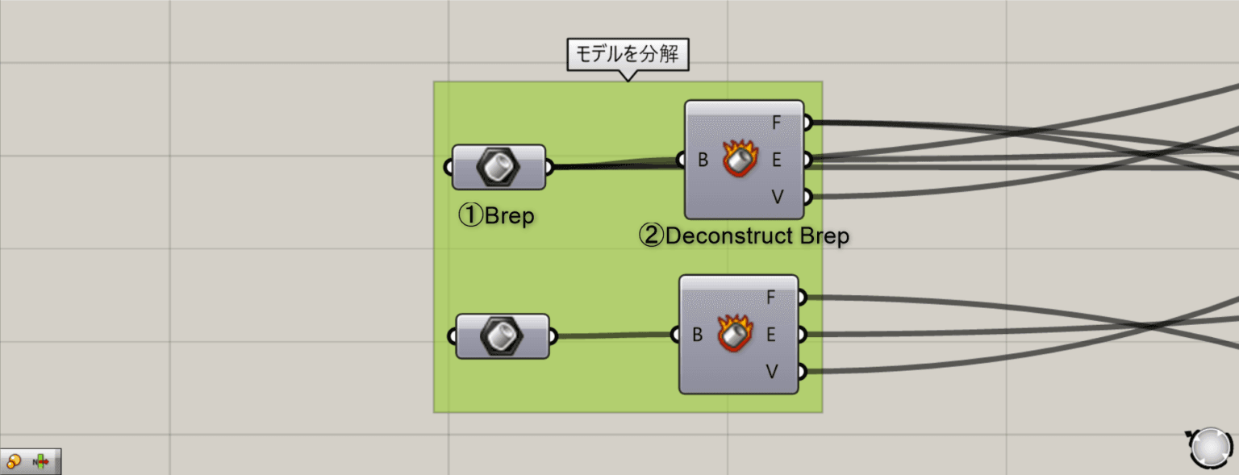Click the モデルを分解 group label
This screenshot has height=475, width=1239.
pyautogui.click(x=628, y=55)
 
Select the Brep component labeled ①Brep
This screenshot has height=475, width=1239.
pyautogui.click(x=499, y=168)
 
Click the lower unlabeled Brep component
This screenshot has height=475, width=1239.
pyautogui.click(x=503, y=336)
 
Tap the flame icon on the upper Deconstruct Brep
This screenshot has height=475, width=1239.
pyautogui.click(x=738, y=159)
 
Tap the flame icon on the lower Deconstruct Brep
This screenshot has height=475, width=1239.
pyautogui.click(x=732, y=334)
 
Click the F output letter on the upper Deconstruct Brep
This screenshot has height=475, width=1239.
pyautogui.click(x=776, y=123)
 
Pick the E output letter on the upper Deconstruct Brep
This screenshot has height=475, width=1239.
pyautogui.click(x=776, y=160)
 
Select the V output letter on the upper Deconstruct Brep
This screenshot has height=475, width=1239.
pyautogui.click(x=776, y=197)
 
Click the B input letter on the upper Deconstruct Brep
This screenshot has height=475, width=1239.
pyautogui.click(x=703, y=160)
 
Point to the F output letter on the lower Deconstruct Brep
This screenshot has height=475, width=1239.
pyautogui.click(x=770, y=298)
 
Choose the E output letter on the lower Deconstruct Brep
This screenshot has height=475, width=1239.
pyautogui.click(x=770, y=334)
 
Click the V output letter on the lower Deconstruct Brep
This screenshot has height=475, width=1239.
pyautogui.click(x=770, y=371)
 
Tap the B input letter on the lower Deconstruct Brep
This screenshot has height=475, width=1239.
pyautogui.click(x=697, y=334)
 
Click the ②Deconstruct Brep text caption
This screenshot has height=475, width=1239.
pyautogui.click(x=744, y=236)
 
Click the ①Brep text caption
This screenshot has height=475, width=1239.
pyautogui.click(x=496, y=216)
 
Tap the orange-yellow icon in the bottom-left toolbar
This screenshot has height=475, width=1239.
pyautogui.click(x=14, y=461)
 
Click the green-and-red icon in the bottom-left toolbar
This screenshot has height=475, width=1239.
pyautogui.click(x=41, y=461)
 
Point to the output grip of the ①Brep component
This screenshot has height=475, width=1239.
pyautogui.click(x=550, y=168)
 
